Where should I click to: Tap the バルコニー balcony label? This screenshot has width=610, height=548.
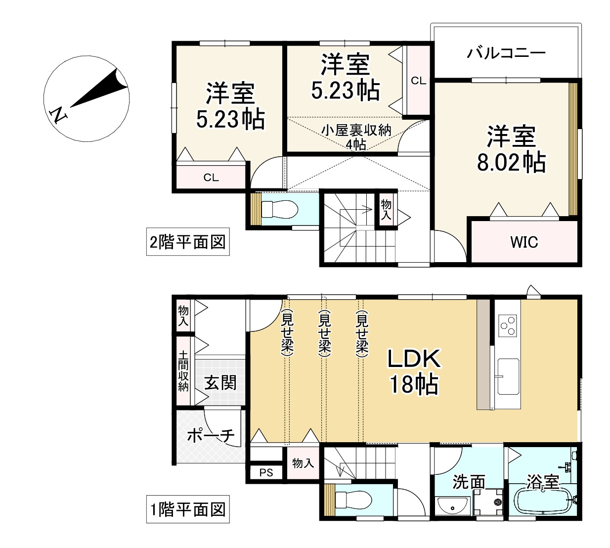tap(506, 53)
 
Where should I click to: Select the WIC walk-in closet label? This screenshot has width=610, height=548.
tap(524, 242)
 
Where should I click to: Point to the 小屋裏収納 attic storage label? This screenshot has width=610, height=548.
tap(356, 130)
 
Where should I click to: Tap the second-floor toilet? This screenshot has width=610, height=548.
tap(279, 209)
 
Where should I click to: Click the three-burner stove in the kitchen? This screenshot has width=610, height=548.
tap(507, 325)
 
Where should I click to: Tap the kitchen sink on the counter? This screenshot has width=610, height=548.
tap(508, 376)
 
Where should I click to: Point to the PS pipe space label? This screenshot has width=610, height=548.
tap(266, 472)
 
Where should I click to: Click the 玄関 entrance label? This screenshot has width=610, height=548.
tap(220, 383)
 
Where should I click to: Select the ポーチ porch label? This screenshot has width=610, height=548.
tap(211, 435)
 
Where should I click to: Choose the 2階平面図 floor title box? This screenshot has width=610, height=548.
tap(188, 242)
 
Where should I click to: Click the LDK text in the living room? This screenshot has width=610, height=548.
tap(414, 359)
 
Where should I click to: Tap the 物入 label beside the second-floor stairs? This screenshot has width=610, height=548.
tap(386, 210)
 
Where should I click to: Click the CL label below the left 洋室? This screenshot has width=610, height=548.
tap(211, 178)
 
